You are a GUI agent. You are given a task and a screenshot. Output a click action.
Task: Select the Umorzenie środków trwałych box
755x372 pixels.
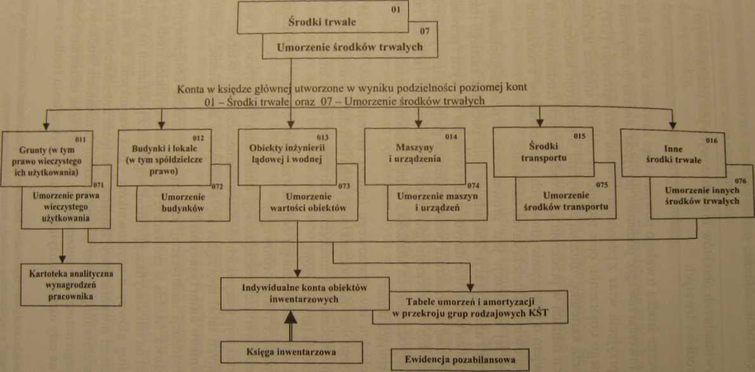[x=350, y=41]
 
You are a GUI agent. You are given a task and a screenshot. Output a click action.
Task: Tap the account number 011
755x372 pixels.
[x=81, y=139]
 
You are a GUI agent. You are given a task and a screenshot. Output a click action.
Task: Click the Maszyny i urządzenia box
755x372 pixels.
[x=415, y=156]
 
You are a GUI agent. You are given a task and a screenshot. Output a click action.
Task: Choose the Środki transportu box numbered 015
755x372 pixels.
[x=543, y=152]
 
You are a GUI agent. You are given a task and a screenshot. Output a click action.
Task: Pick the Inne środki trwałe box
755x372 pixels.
[x=673, y=153]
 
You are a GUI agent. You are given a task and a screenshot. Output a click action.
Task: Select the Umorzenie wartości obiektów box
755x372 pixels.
[x=309, y=193]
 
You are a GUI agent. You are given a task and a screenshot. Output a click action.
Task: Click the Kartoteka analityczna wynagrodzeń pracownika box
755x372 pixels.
[x=71, y=285]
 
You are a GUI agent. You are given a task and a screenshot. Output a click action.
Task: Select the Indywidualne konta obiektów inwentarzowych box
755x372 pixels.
[x=304, y=293]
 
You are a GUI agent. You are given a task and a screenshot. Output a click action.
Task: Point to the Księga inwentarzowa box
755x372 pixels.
[x=292, y=352]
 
